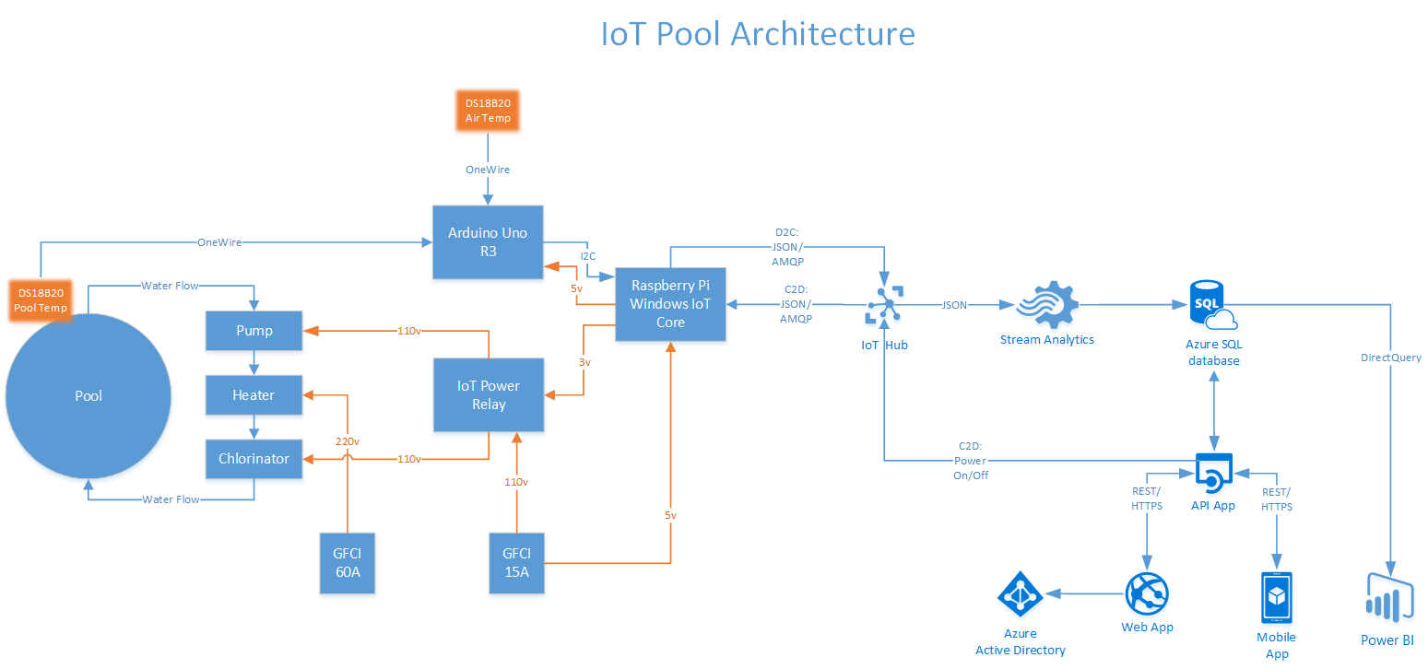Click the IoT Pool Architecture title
758,34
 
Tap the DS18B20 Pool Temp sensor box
41,299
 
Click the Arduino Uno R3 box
488,241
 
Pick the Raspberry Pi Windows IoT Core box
670,304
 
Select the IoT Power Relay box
488,394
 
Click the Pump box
254,331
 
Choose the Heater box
254,394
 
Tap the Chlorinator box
254,458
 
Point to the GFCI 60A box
348,563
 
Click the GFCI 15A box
516,563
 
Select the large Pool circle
89,395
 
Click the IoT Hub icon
883,305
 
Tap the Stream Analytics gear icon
1046,305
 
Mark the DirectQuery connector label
1390,358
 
